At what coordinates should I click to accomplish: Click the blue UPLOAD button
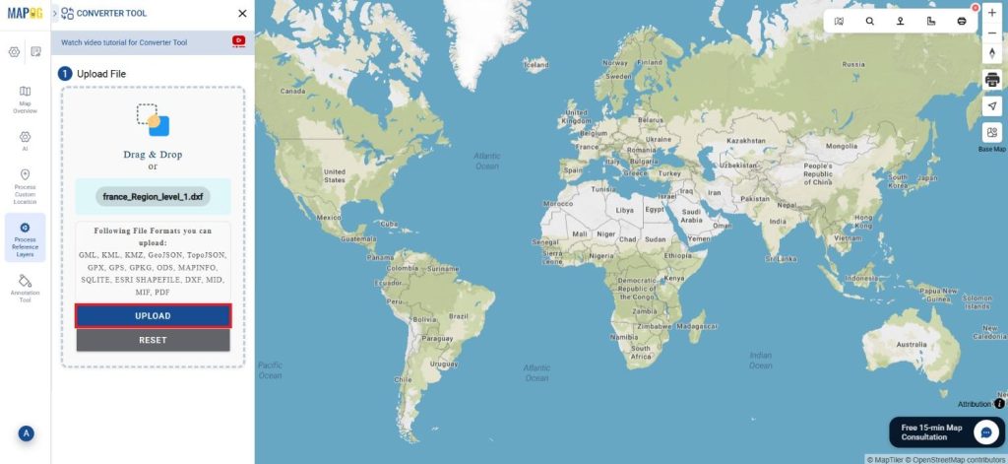click(154, 316)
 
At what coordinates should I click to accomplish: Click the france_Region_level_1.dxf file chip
click(154, 197)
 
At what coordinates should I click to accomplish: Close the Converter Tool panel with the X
click(242, 14)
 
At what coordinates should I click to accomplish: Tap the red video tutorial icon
click(238, 42)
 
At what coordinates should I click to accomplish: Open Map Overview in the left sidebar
click(25, 99)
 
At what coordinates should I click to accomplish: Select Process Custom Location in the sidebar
click(25, 184)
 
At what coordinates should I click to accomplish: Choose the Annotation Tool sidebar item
click(25, 287)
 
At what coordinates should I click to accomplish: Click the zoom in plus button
click(991, 13)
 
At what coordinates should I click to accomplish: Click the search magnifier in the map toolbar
click(870, 21)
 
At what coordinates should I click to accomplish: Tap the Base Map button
click(991, 136)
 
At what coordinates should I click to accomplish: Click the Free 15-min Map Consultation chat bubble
click(986, 431)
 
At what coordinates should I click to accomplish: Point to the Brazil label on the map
click(459, 317)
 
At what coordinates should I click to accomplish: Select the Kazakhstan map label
click(745, 141)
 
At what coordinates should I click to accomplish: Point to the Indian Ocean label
click(760, 360)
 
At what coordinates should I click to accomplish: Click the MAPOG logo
click(24, 13)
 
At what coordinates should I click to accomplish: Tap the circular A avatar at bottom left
click(26, 433)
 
